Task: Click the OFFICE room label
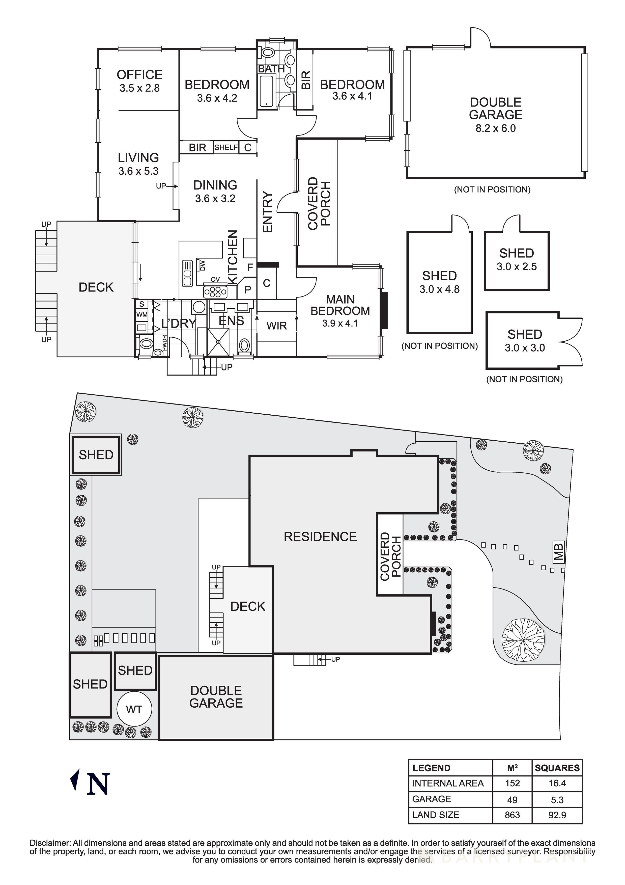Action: tap(139, 74)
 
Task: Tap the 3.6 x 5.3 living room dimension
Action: tap(138, 171)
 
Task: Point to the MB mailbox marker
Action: tap(559, 551)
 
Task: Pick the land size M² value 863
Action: tap(512, 815)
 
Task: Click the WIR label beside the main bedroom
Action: tap(277, 326)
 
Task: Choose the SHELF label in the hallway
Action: tap(226, 147)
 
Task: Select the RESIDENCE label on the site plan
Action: tap(320, 537)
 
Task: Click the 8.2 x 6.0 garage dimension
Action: tap(496, 128)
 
